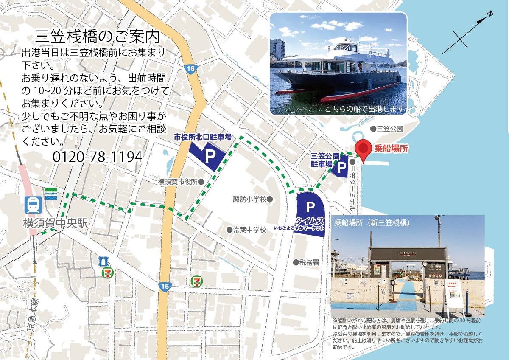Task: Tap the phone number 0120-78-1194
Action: coord(97,157)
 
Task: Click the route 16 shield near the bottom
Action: coord(165,287)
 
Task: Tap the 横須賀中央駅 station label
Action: coord(56,223)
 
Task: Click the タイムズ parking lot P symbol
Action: coord(310,207)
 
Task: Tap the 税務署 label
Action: coord(309,262)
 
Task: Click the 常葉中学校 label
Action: coord(249,230)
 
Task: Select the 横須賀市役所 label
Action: coord(178,182)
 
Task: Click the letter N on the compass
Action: coord(489,14)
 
